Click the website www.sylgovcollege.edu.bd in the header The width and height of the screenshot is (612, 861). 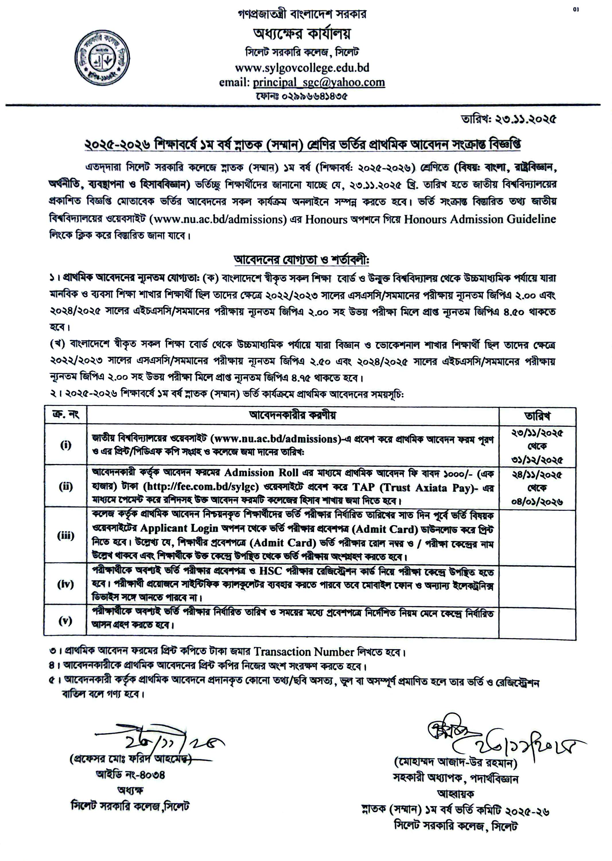click(302, 68)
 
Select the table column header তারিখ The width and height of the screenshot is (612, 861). click(537, 416)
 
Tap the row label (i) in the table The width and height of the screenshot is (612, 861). click(66, 445)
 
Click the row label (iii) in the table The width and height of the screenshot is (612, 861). click(66, 536)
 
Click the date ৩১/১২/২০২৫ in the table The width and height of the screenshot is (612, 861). click(537, 460)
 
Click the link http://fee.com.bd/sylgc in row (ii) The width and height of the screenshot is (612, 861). click(201, 487)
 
